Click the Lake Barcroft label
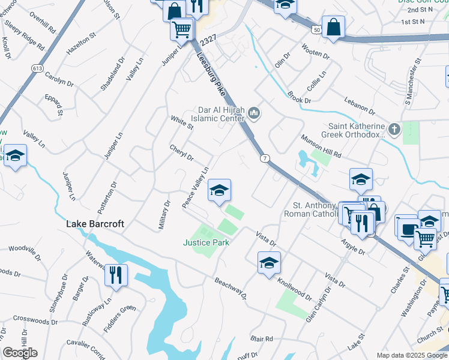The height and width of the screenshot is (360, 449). (x=95, y=224)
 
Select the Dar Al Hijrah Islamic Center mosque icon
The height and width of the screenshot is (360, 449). (x=255, y=112)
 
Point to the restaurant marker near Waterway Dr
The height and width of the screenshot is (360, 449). (x=116, y=275)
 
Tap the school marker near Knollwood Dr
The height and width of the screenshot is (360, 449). (x=269, y=263)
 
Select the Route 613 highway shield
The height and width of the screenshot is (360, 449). (x=37, y=69)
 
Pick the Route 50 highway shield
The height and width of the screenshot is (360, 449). (x=316, y=29)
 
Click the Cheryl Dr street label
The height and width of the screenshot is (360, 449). (x=181, y=153)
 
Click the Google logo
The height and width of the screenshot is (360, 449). (x=20, y=353)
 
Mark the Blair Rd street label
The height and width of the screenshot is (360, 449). (x=262, y=338)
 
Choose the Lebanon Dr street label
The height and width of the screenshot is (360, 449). (x=360, y=106)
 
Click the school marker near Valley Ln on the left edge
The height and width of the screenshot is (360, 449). (x=15, y=157)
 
